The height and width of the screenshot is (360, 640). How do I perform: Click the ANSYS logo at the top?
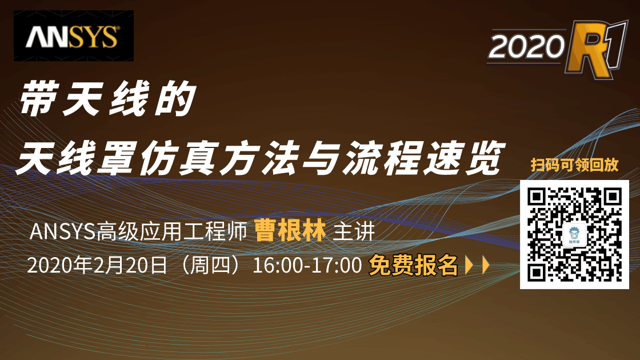coord(73,36)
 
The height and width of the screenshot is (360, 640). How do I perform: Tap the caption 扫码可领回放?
coord(574,166)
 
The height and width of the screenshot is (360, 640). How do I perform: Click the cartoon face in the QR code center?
coord(574,234)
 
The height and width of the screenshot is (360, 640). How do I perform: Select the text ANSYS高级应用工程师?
coord(137,232)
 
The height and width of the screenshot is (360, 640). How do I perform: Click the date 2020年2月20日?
coord(96,266)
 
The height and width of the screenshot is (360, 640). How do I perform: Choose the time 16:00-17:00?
coord(307,266)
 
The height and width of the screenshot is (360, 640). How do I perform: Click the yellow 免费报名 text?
coord(413,265)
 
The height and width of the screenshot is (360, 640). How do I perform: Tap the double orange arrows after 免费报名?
coord(477,266)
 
